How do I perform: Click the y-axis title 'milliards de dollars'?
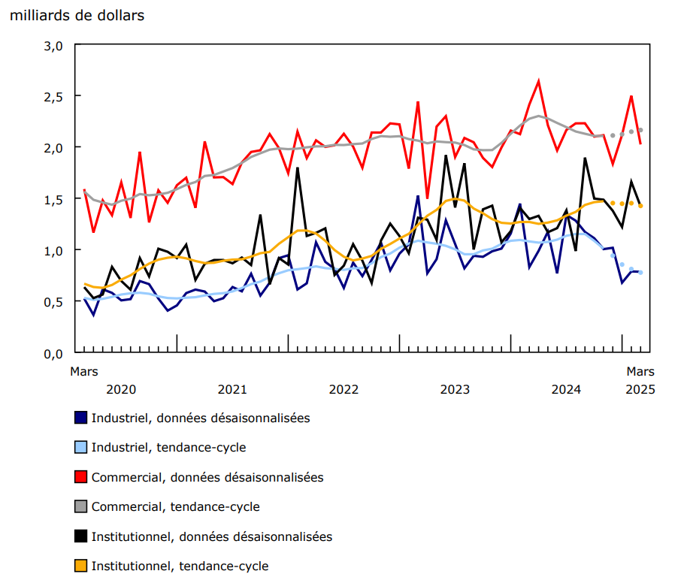pos(77,15)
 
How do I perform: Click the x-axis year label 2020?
pos(121,389)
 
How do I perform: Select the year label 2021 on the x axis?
pos(232,389)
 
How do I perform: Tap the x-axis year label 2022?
pos(344,389)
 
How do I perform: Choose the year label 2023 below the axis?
pos(455,389)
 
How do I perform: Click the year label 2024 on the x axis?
pos(566,389)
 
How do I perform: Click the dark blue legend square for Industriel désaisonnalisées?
pos(81,418)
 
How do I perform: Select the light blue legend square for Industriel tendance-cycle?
pos(81,448)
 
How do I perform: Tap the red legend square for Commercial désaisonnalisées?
pos(81,477)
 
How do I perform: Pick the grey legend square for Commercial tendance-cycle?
pos(81,507)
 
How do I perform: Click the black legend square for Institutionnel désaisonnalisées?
pos(81,536)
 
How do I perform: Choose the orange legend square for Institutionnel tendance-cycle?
pos(81,566)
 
